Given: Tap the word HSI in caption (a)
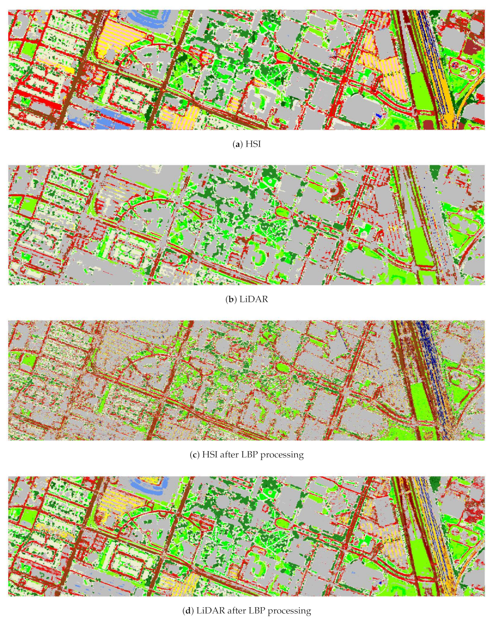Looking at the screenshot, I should (x=253, y=144).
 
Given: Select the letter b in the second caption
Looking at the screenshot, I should (x=230, y=299).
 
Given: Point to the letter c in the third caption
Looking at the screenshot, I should (x=194, y=455).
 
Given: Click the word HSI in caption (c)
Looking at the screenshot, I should (x=210, y=455).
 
